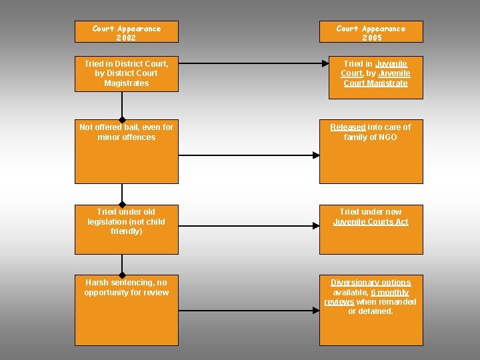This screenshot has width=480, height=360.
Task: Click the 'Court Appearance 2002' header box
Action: (x=127, y=32)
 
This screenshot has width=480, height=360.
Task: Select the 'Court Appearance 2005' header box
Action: (x=371, y=32)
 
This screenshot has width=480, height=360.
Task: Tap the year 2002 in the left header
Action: (x=127, y=38)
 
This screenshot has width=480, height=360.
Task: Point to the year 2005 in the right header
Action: (x=371, y=38)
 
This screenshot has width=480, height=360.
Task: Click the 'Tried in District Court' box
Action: (x=127, y=77)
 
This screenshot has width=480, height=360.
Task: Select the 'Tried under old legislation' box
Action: (x=127, y=230)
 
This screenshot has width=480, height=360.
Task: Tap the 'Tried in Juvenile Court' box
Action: (x=371, y=77)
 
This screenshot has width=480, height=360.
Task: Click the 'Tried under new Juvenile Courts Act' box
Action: (x=371, y=230)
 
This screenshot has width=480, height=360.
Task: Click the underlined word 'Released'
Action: (x=348, y=127)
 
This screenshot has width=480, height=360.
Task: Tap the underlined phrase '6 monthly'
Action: (x=390, y=293)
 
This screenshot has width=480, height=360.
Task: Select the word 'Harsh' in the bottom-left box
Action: (x=87, y=283)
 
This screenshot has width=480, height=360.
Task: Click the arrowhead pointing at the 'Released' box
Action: (x=317, y=155)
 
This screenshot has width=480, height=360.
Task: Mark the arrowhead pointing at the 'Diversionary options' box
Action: (x=317, y=310)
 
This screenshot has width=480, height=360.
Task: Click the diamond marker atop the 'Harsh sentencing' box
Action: (x=123, y=275)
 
